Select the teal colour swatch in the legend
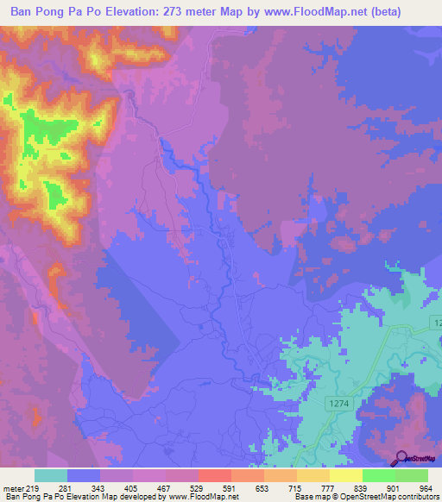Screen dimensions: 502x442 [51, 476]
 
